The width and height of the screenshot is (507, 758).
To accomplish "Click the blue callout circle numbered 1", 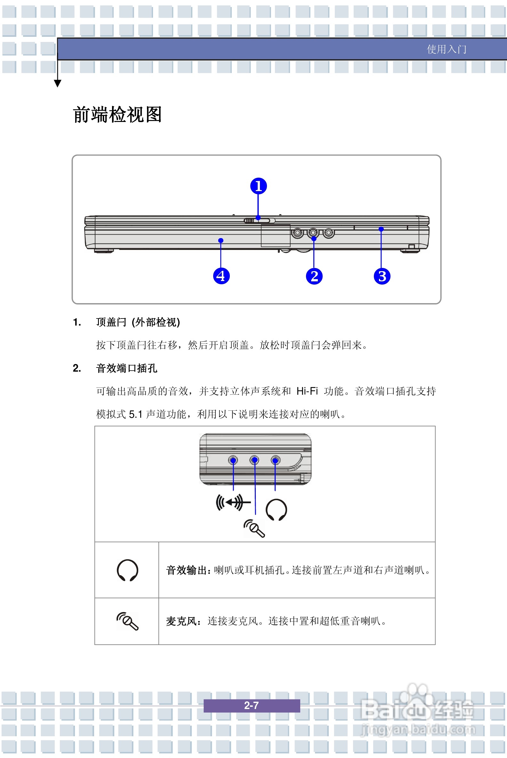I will pos(258,186).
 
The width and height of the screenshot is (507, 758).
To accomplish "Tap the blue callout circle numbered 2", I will pos(314,276).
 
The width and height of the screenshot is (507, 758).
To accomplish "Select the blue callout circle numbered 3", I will pos(382,276).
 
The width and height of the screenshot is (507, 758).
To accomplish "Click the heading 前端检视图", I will pos(117,115).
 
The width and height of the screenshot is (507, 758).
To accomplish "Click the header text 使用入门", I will pos(446,49).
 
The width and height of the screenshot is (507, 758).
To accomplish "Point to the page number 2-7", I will pos(251,705).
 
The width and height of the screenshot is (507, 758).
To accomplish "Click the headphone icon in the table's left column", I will pos(127,570).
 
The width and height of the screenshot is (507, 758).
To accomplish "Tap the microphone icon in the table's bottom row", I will pos(127,621).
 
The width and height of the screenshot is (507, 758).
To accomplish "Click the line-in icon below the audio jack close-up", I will pos(233,503).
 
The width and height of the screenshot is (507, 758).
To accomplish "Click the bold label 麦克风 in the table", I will pos(181,621).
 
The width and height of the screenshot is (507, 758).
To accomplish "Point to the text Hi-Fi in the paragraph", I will pos(307,391).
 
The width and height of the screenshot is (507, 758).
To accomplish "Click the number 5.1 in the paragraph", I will pos(135,414).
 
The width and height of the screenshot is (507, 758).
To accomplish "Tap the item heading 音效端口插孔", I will pos(126,368).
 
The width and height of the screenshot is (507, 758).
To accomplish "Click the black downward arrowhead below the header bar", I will pos(58,84).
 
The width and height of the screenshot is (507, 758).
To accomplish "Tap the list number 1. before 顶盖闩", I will pos(77,322).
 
